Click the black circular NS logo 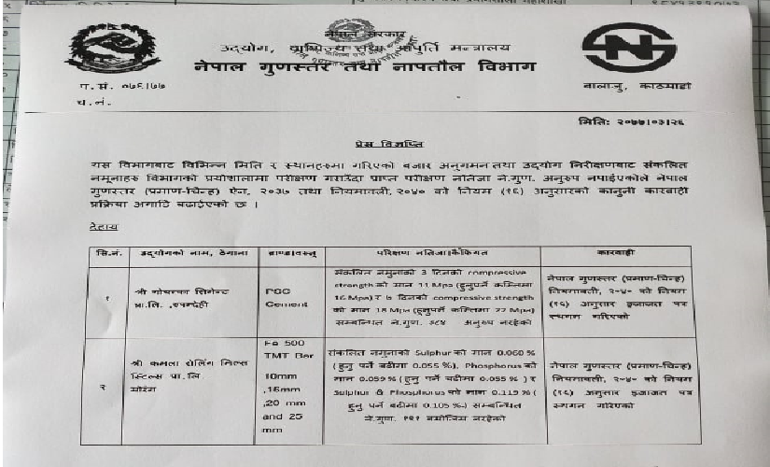coord(628,51)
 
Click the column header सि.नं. coord(105,253)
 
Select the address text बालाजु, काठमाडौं coord(651,85)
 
